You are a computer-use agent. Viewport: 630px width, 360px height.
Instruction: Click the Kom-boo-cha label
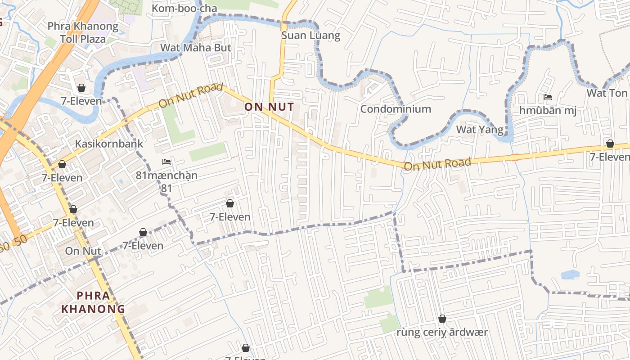coord(184,9)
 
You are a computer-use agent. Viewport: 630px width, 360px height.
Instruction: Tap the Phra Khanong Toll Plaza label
coord(83,32)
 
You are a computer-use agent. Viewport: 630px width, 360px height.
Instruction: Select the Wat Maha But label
coord(196,48)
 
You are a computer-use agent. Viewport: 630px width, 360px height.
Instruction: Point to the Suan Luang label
coord(311,35)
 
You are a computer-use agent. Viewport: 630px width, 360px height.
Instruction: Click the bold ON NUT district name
coord(269,107)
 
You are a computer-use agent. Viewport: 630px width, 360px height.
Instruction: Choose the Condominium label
coord(396,109)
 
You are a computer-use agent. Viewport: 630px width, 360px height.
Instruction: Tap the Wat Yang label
coord(479,130)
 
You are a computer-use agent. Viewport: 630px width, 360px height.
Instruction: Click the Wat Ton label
coord(607,93)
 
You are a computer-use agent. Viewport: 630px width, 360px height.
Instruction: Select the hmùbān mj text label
coord(548,110)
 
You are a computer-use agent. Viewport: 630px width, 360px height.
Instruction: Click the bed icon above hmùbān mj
coord(548,97)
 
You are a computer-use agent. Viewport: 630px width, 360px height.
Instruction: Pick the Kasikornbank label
coord(109,144)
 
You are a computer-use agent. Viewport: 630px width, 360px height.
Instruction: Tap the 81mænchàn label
coord(166,175)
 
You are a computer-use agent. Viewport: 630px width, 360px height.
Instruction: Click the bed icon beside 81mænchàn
coord(166,162)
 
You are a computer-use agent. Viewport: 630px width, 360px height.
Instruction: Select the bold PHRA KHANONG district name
coord(93,302)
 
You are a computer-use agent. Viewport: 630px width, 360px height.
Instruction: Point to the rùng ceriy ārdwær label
coord(442,333)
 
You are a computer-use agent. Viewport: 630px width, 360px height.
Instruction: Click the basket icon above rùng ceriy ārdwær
coord(442,319)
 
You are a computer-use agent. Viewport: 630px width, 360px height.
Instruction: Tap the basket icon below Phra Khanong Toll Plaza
coord(81,87)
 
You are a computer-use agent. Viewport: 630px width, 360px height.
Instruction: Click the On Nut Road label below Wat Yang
coord(437,164)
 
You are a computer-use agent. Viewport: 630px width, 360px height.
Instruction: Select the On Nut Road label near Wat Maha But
coord(191,95)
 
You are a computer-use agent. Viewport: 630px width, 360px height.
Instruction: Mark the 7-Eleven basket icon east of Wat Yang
coord(610,144)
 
